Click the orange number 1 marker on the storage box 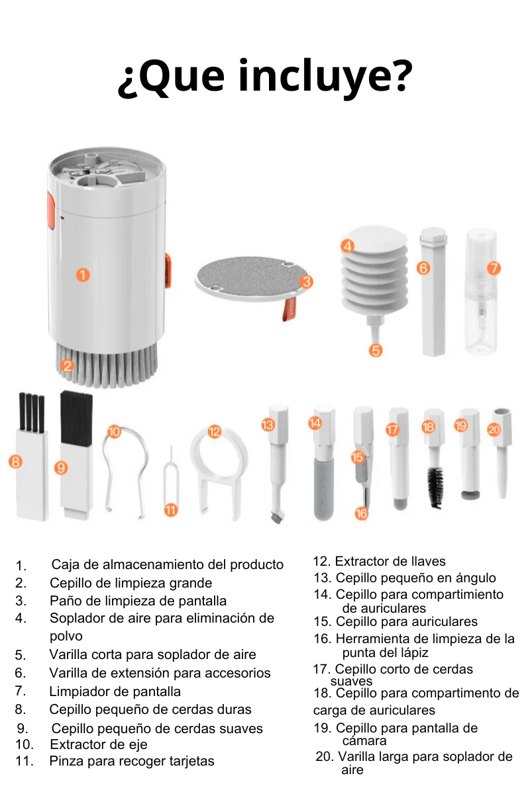point(83,275)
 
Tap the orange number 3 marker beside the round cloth point(306,282)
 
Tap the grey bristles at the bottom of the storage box point(107,365)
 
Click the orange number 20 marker point(494,429)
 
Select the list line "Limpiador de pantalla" point(115,691)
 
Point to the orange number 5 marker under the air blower point(376,350)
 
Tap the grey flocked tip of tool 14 point(324,490)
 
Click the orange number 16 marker point(361,513)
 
